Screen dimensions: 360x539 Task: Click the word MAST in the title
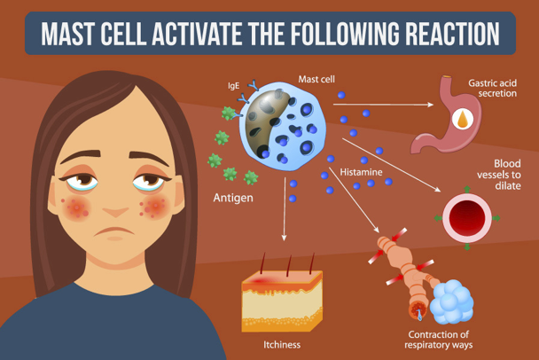[78, 33]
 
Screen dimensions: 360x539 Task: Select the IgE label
[234, 87]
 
